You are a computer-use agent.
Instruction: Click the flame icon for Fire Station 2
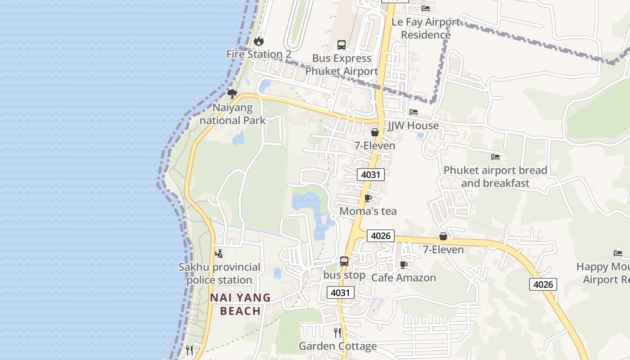click(x=258, y=41)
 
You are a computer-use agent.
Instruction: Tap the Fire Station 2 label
click(x=259, y=54)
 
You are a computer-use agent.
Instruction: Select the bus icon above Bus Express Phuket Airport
click(x=342, y=45)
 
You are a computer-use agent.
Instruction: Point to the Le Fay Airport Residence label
click(x=426, y=28)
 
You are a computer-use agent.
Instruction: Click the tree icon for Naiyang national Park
click(x=232, y=94)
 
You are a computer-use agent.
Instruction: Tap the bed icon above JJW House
click(x=414, y=112)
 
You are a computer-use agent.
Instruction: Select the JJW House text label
click(x=413, y=126)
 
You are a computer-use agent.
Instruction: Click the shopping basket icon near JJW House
click(x=374, y=132)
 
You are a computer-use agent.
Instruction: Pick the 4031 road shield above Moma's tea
click(x=371, y=175)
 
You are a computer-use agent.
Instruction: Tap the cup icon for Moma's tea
click(x=368, y=198)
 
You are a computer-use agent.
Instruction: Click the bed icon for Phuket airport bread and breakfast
click(x=495, y=157)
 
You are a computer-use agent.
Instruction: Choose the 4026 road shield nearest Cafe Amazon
click(x=381, y=236)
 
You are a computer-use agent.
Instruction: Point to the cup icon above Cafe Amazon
click(x=404, y=265)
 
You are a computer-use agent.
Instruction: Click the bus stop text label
click(x=344, y=275)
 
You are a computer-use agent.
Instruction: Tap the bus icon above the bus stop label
click(x=344, y=261)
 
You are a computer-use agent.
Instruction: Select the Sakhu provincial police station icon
click(x=219, y=254)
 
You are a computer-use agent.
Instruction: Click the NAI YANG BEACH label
click(x=240, y=304)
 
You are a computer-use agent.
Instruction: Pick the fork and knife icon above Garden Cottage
click(x=337, y=333)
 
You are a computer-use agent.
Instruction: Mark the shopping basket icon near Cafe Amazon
click(x=443, y=236)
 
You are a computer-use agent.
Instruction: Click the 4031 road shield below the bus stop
click(x=341, y=293)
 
